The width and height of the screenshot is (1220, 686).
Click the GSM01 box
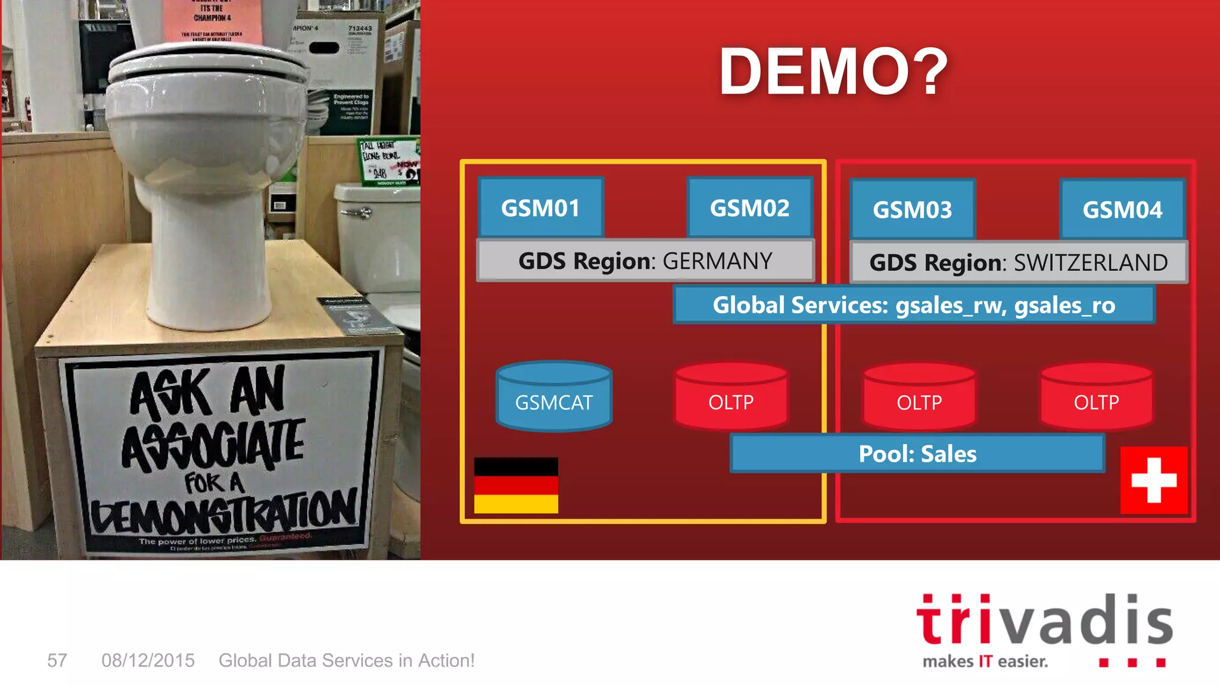(540, 208)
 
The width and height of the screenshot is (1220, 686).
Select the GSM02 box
(749, 208)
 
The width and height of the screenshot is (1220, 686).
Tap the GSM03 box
(912, 210)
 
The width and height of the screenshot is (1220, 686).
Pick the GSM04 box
(1122, 210)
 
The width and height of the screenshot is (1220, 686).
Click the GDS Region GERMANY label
(645, 261)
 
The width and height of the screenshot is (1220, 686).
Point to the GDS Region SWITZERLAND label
(1018, 263)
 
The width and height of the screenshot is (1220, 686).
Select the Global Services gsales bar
(914, 305)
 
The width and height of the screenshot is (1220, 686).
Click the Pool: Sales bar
(917, 454)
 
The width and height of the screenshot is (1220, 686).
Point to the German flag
(516, 485)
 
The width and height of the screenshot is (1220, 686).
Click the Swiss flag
(1154, 480)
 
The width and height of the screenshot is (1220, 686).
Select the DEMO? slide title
(833, 71)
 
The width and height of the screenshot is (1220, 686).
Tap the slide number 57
(57, 660)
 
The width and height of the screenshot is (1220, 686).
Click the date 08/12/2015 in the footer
(148, 660)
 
